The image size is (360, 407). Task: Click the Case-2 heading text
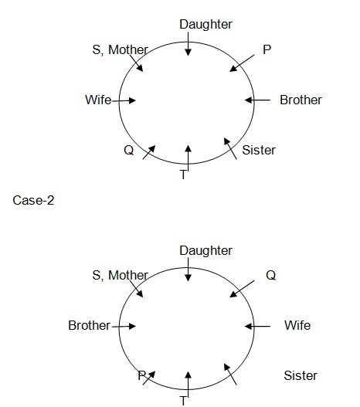tap(33, 200)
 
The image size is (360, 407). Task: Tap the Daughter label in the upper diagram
tap(205, 25)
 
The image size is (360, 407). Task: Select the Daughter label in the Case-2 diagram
tap(205, 251)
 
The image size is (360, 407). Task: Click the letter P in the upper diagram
tap(267, 49)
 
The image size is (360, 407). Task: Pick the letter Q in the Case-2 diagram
tap(270, 275)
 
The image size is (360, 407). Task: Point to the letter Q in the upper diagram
tap(129, 150)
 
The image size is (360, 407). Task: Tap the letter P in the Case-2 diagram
tap(142, 375)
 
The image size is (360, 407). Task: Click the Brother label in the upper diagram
tap(301, 100)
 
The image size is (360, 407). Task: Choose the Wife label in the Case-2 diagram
tap(297, 325)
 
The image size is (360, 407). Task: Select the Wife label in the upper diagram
tap(98, 100)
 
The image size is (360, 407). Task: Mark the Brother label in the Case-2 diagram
tap(90, 325)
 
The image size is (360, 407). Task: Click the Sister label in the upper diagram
tap(259, 151)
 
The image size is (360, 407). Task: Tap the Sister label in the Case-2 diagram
tap(301, 375)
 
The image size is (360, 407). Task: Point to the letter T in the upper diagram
tap(183, 175)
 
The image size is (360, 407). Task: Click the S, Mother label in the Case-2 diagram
tap(121, 276)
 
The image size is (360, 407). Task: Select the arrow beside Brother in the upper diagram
tap(257, 100)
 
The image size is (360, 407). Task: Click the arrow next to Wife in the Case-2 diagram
tap(257, 326)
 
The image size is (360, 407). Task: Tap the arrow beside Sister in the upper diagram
tap(230, 148)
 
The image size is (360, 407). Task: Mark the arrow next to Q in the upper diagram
tap(149, 152)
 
